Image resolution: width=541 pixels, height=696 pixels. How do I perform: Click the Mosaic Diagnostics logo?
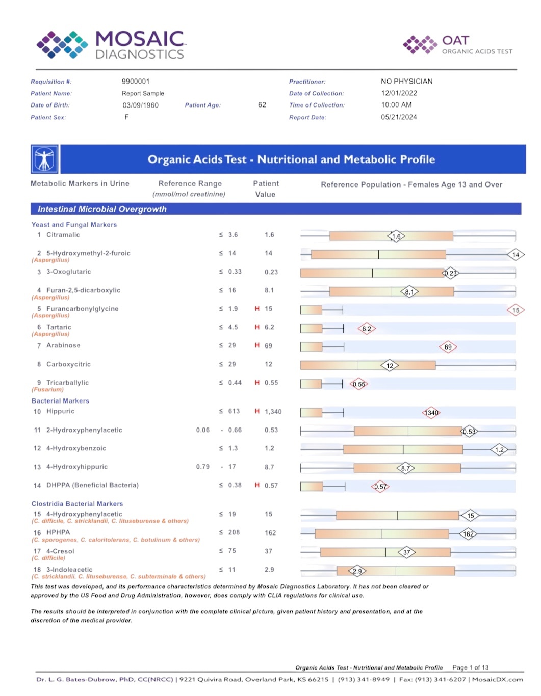point(111,44)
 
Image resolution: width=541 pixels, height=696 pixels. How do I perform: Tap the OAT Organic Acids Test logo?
point(457,44)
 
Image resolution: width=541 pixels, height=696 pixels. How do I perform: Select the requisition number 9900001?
point(136,82)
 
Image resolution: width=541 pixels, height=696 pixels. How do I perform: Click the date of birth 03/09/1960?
point(140,105)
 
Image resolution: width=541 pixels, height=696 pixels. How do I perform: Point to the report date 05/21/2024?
point(399,117)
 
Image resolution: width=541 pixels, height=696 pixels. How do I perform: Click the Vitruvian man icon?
point(44,159)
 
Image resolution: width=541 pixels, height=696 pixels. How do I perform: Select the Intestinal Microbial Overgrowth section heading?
point(102,209)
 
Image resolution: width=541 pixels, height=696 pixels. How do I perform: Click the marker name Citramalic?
point(63,235)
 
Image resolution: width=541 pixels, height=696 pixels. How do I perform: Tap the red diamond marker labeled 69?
point(448,347)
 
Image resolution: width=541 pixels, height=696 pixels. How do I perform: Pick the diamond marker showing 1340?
point(431,413)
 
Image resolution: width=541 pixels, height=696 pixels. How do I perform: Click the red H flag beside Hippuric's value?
point(257,411)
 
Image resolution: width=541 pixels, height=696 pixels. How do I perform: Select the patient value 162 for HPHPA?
point(270,533)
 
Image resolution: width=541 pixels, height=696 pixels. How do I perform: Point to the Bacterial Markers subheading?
point(60,401)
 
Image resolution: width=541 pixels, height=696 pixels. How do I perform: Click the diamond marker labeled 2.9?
point(357,571)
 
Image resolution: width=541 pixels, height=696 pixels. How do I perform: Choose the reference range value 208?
point(234,532)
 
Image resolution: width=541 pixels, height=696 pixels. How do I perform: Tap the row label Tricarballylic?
point(67,383)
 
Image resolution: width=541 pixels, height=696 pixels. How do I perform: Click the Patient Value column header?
point(266,189)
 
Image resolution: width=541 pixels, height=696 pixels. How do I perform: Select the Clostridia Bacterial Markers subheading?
point(77,504)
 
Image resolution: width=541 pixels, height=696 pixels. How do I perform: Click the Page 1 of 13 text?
point(470,667)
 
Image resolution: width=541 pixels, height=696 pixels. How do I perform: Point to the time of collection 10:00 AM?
point(396,105)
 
